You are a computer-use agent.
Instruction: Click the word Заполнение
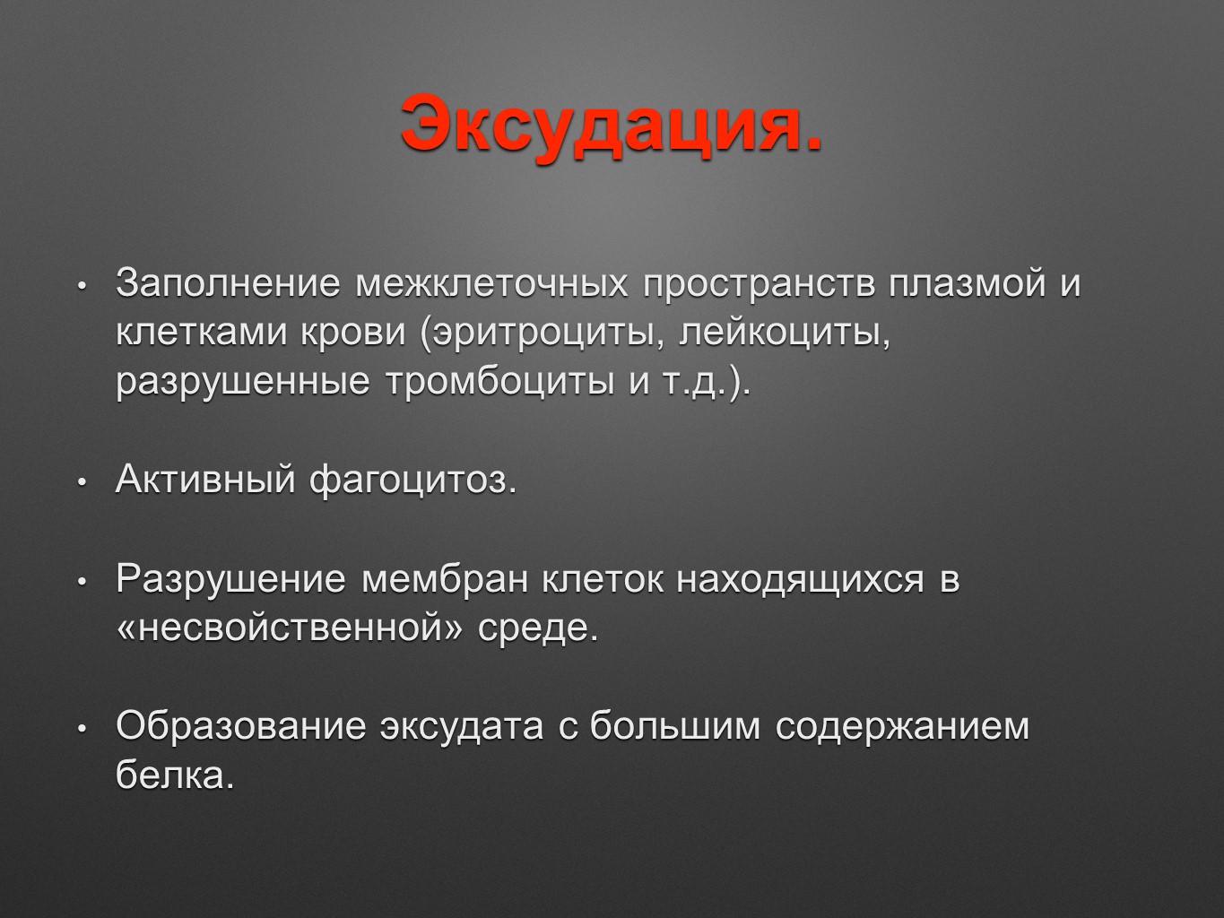click(228, 282)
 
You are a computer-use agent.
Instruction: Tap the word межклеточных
click(491, 282)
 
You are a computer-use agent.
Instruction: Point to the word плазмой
click(968, 282)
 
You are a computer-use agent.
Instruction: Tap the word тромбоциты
click(500, 382)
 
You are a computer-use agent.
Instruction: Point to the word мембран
click(445, 580)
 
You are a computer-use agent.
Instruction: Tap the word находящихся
click(800, 581)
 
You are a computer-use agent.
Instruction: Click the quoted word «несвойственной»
click(290, 628)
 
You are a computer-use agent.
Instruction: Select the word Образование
click(241, 725)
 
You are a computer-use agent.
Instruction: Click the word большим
click(675, 725)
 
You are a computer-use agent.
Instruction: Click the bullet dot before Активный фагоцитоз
click(82, 482)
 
